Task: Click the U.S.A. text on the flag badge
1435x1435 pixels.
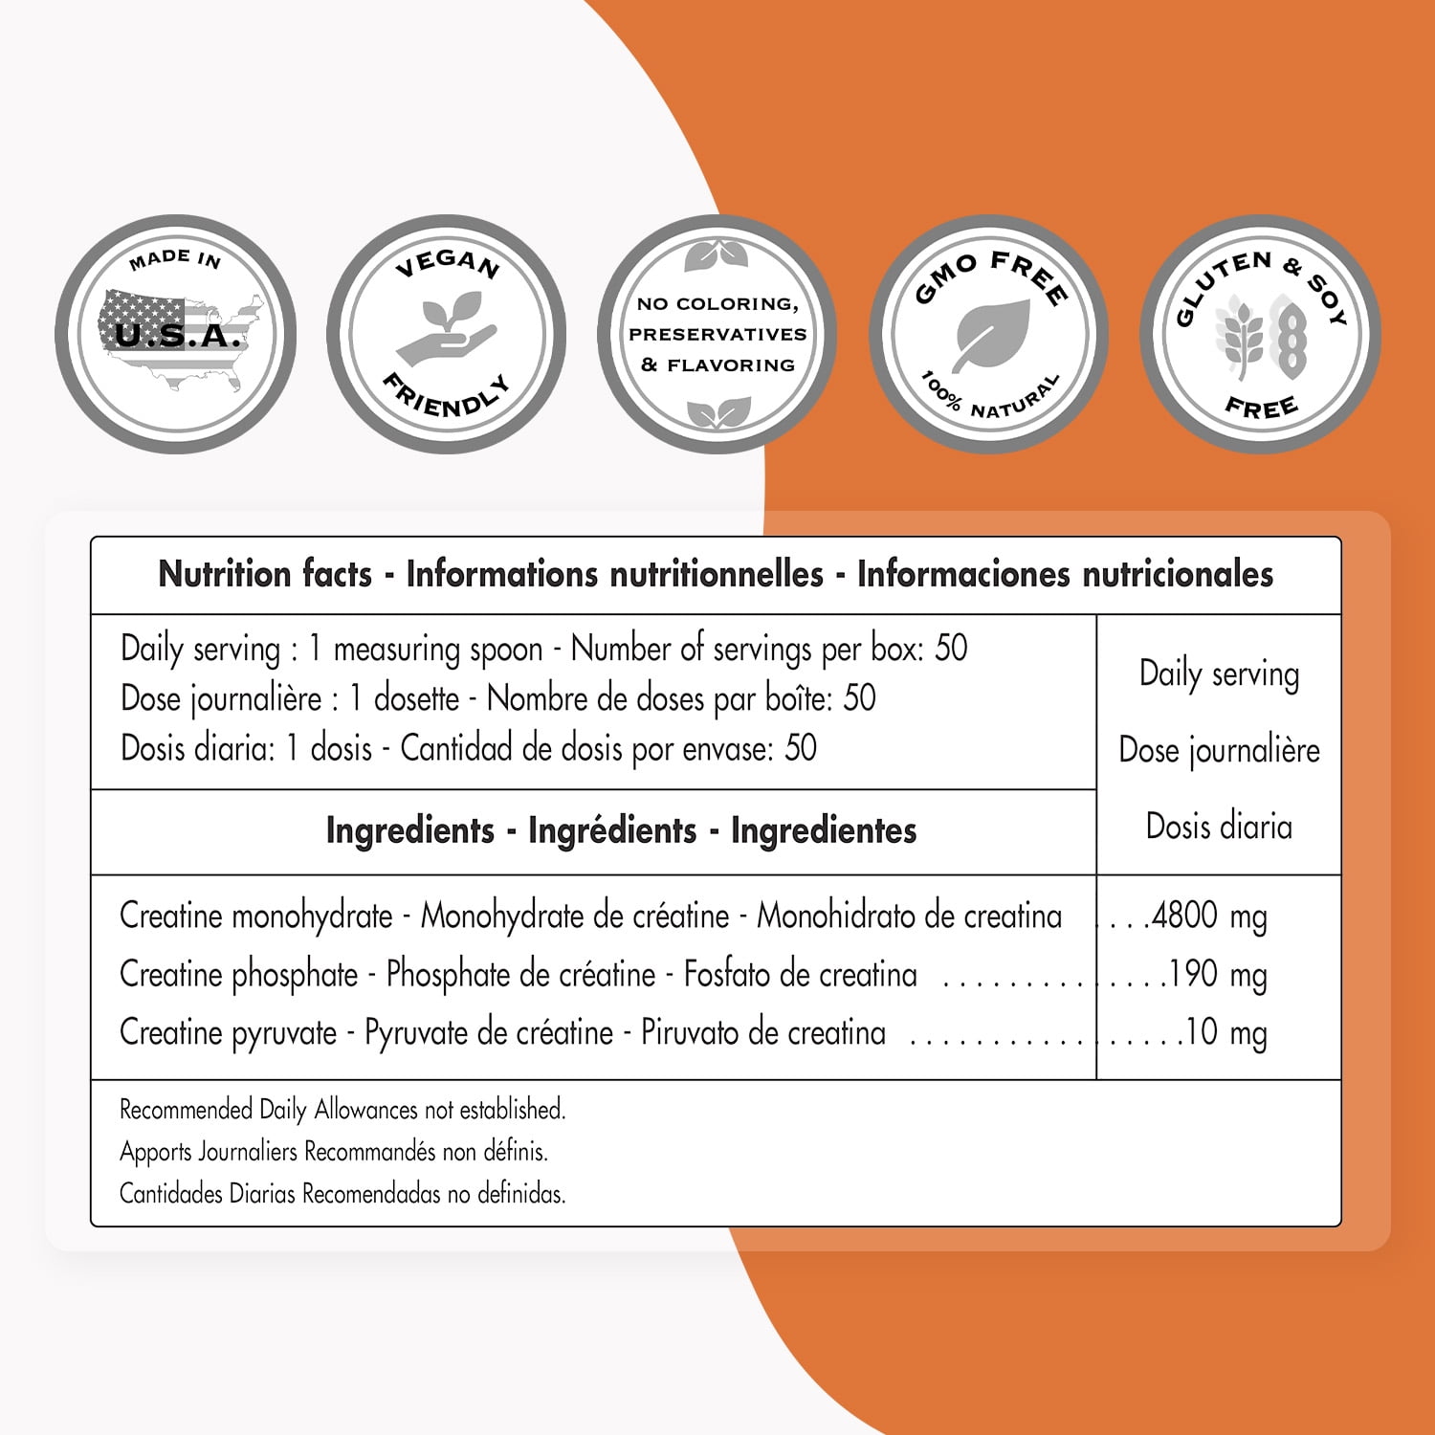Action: coord(177,336)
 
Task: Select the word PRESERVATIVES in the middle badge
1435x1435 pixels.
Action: coord(717,334)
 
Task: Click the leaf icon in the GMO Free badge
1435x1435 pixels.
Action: coord(992,334)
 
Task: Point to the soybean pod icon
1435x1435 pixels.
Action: coord(1289,336)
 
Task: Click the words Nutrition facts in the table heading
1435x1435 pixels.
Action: coord(265,574)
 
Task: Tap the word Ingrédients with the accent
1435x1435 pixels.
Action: coord(612,830)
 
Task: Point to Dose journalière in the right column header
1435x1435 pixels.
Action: coord(1219,750)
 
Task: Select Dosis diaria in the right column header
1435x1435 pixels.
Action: coord(1219,827)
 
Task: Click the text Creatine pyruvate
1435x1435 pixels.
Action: coord(229,1033)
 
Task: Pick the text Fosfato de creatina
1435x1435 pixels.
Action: coord(800,975)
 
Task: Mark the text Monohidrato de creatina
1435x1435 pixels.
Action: coord(909,916)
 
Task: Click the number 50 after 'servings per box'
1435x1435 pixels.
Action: coord(951,649)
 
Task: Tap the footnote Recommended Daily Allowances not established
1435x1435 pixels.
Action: coord(342,1110)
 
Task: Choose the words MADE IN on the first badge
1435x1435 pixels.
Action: coord(175,258)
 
